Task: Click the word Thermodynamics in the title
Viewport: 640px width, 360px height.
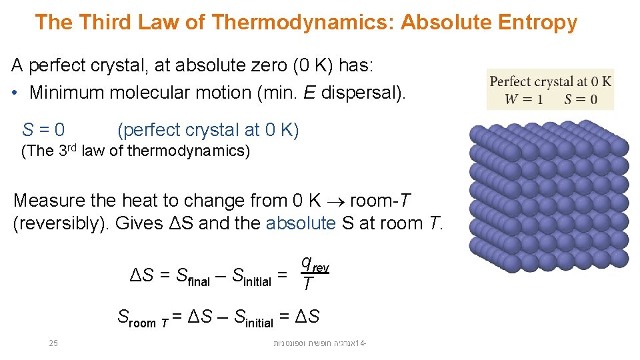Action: (303, 23)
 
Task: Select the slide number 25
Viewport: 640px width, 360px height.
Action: (54, 343)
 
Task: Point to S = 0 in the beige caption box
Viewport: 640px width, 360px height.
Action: (580, 99)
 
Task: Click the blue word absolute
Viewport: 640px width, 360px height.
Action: (300, 223)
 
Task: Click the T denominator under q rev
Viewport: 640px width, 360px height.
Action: (306, 285)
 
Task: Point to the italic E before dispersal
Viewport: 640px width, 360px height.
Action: (309, 92)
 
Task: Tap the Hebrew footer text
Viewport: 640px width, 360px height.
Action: (321, 343)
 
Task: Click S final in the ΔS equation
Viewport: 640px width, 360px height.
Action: (193, 276)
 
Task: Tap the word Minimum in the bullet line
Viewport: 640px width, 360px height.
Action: (67, 92)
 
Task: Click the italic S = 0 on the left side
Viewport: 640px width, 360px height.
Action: (43, 129)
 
